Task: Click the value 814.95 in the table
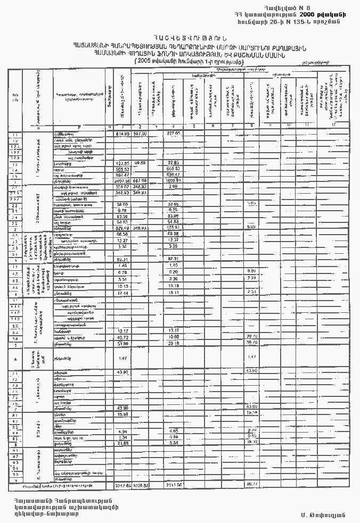coord(123,134)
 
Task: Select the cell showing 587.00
coord(140,134)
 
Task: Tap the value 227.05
coord(174,134)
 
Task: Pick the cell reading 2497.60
coord(123,180)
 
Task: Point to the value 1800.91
coord(174,180)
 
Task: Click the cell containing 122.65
coord(123,162)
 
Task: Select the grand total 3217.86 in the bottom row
coord(123,485)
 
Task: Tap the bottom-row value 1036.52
coord(140,485)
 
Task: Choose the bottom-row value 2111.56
coord(174,485)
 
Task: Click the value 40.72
coord(123,337)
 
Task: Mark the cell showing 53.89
coord(123,344)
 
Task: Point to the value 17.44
coord(123,293)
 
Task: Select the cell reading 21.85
coord(123,443)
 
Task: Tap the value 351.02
coord(123,187)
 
